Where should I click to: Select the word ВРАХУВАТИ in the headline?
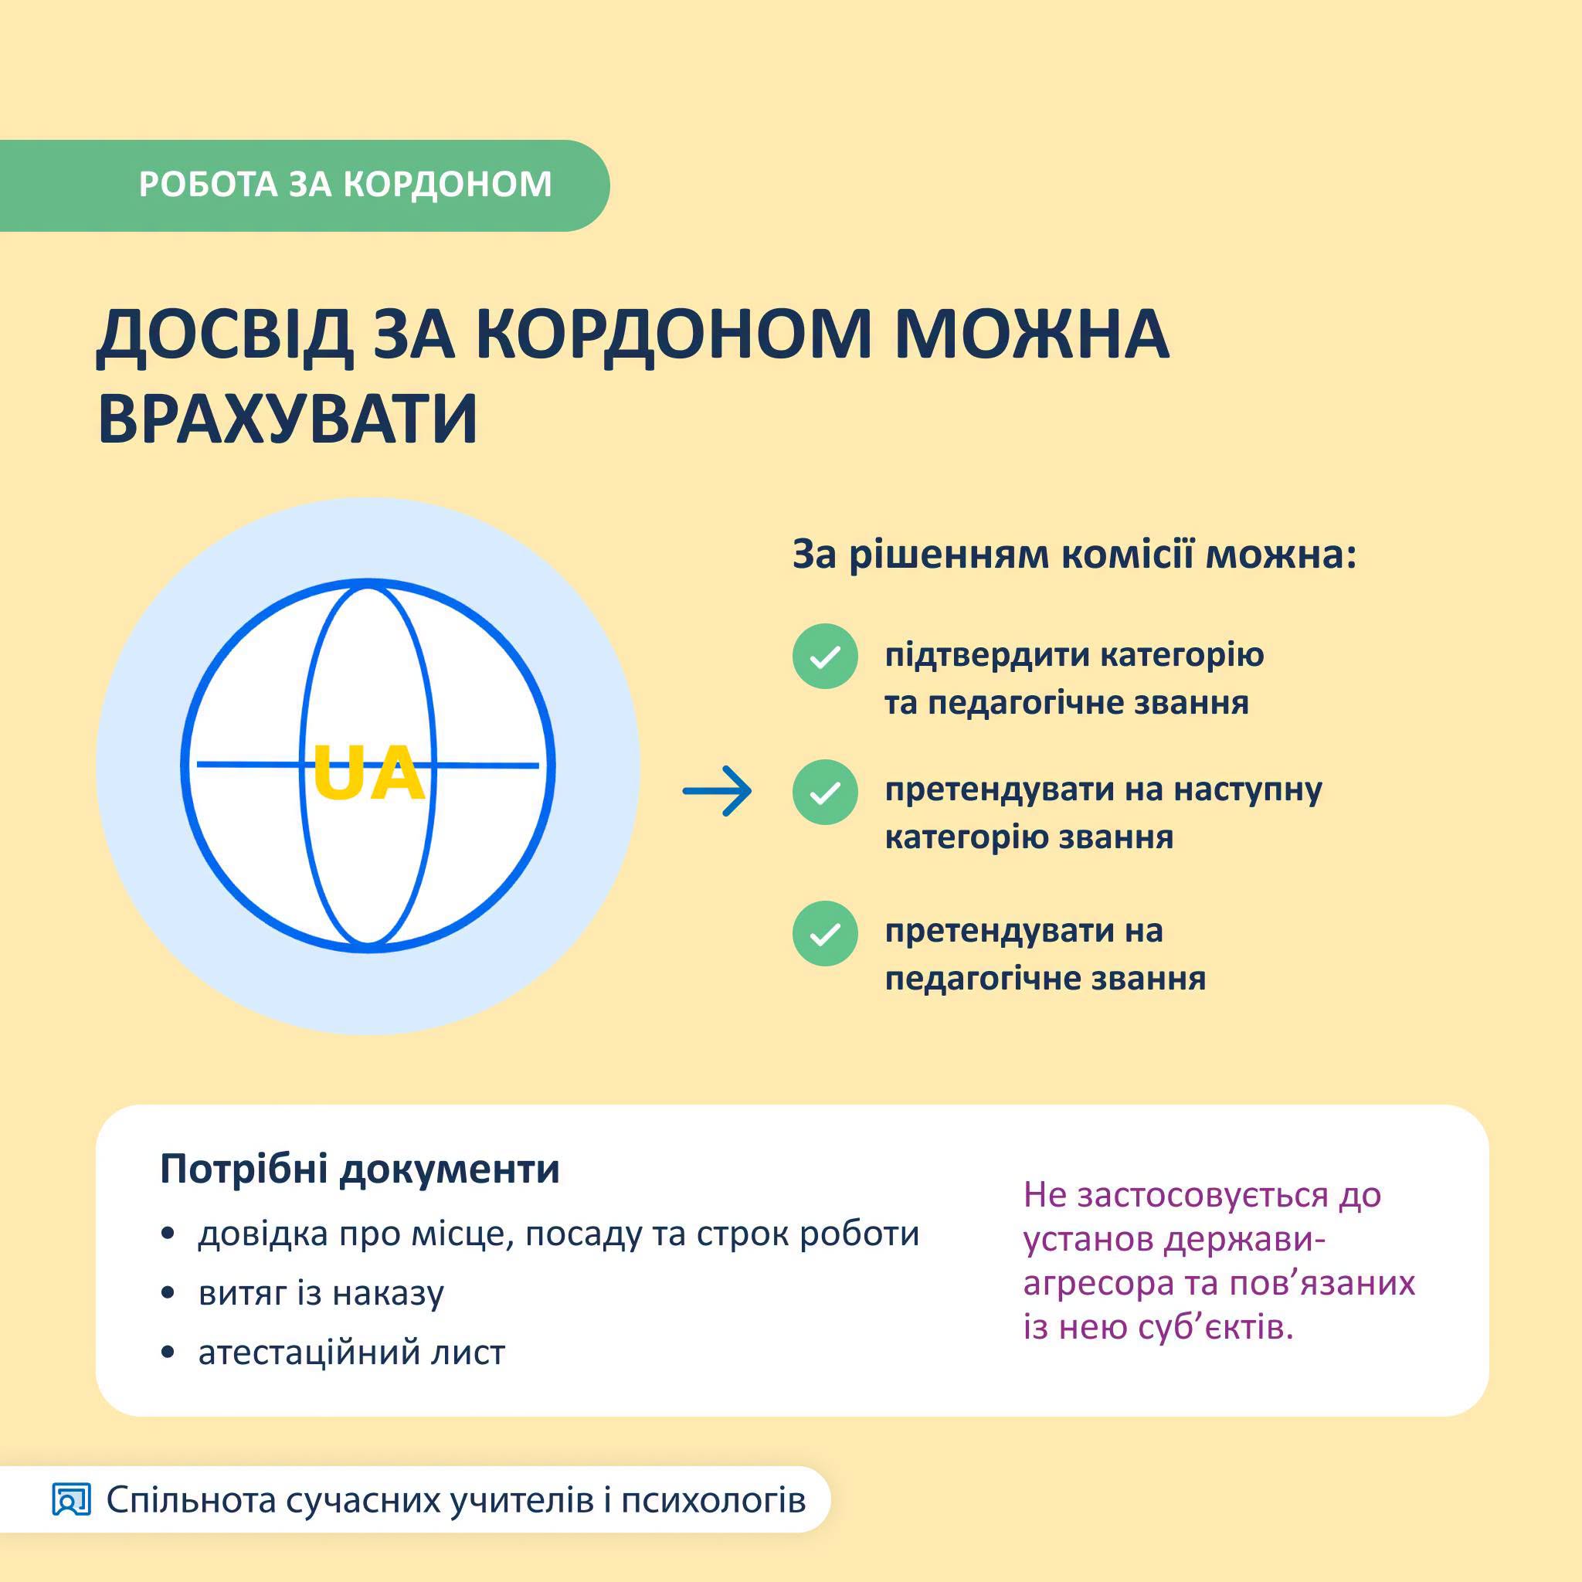point(287,418)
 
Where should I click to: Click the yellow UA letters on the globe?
point(368,772)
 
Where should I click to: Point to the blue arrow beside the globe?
point(718,791)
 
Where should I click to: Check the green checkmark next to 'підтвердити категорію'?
point(824,656)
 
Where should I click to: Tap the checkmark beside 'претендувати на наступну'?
point(824,792)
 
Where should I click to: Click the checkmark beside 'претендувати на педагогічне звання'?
point(824,933)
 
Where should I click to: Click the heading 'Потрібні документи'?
point(359,1170)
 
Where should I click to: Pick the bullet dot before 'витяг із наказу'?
point(168,1294)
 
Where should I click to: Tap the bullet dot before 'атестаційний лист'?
point(168,1353)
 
